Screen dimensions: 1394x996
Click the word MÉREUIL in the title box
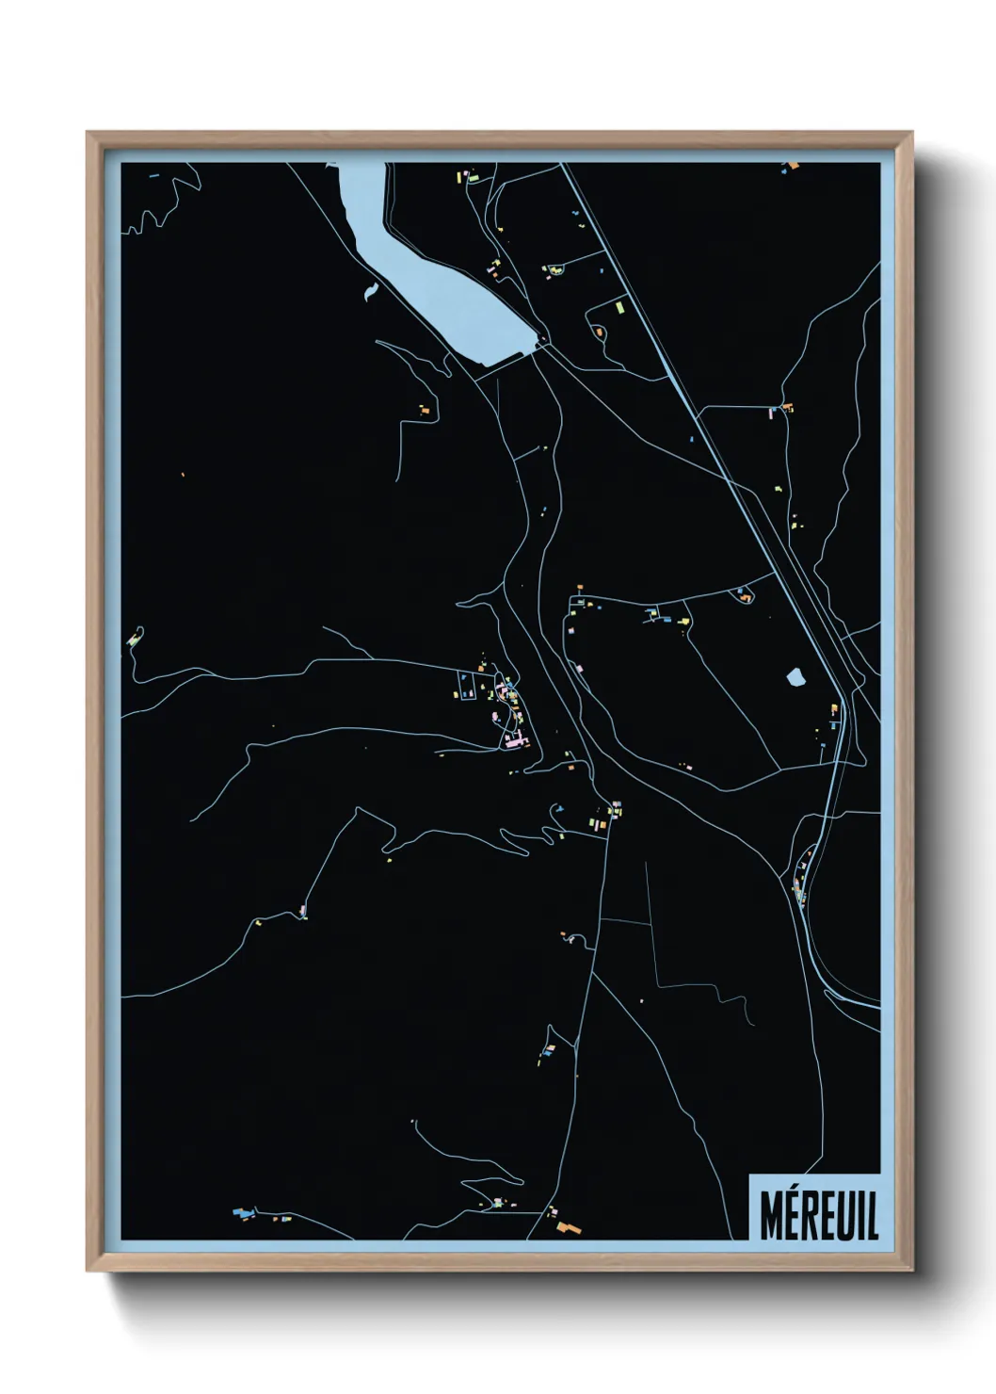817,1216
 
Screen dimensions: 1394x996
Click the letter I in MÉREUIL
859,1216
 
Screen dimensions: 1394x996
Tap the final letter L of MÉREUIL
871,1216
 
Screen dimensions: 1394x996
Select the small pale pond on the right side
795,676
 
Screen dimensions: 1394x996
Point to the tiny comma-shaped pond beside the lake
369,291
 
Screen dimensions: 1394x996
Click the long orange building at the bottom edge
567,1228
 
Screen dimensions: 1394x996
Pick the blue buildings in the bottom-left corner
241,1212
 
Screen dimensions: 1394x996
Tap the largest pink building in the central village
514,742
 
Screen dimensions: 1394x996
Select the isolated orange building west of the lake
425,411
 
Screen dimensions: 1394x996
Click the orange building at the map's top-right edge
792,167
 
